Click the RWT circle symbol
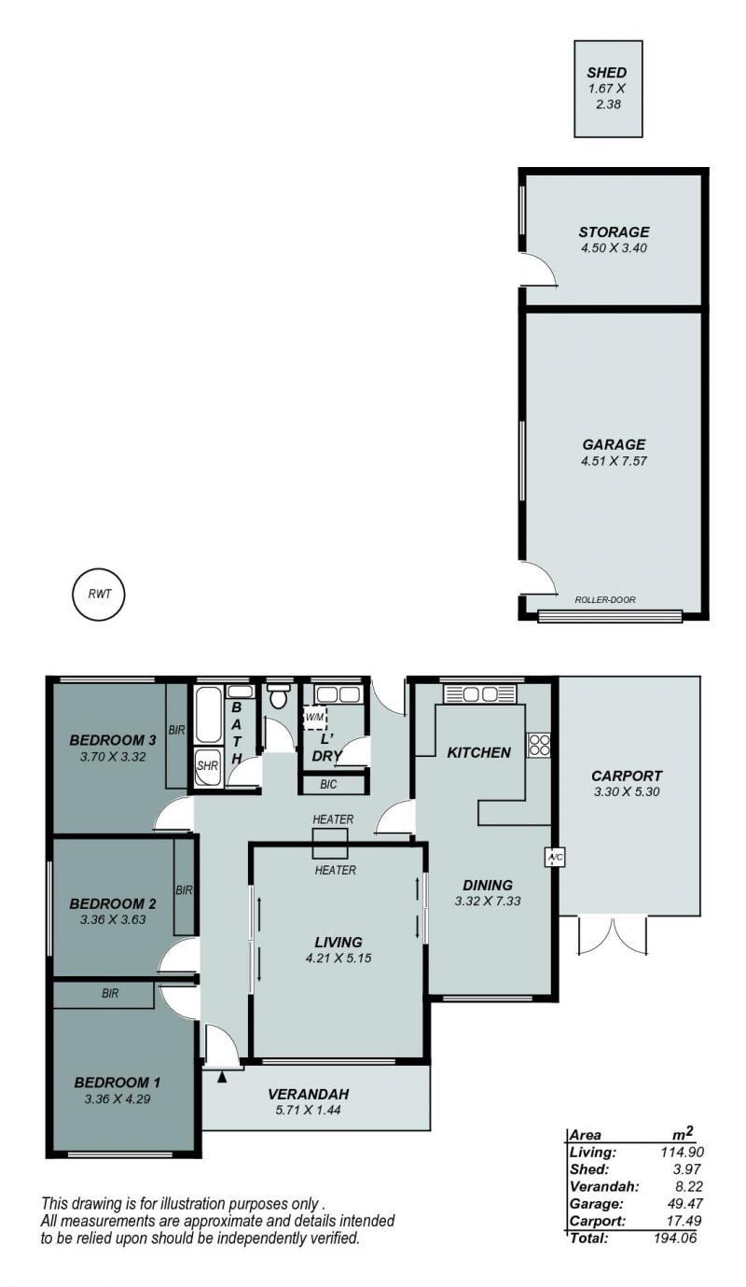click(99, 595)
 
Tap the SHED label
click(606, 73)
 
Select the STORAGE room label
click(614, 232)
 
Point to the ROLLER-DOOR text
click(604, 600)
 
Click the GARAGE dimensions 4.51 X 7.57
click(614, 461)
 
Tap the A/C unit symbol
click(554, 858)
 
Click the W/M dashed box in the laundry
click(314, 718)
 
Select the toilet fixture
click(279, 696)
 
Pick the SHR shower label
click(207, 766)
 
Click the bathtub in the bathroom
click(208, 714)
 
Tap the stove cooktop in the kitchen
click(539, 745)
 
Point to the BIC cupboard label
click(328, 785)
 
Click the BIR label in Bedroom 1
click(110, 993)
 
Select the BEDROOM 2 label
click(112, 903)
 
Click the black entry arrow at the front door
click(222, 1077)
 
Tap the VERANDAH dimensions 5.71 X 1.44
click(308, 1110)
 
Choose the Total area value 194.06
click(675, 1238)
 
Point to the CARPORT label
click(627, 776)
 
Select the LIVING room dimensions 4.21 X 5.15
click(338, 958)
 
